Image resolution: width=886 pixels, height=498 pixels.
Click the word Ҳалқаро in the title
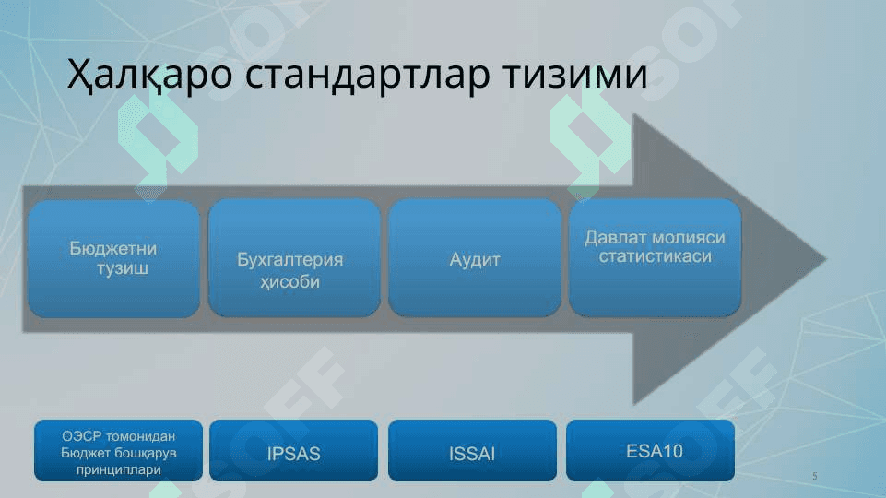tap(149, 75)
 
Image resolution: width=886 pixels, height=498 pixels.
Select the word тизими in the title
tap(575, 75)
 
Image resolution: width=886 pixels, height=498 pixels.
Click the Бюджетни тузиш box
tap(114, 258)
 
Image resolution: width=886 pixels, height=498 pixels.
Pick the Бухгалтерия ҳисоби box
tap(294, 258)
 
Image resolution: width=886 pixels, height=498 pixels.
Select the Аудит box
tap(475, 258)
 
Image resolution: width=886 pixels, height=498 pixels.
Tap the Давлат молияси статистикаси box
tap(655, 258)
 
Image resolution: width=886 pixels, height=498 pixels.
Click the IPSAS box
tap(294, 451)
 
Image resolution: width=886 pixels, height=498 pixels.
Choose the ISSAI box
tap(472, 451)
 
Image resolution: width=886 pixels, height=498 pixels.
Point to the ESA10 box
tap(650, 451)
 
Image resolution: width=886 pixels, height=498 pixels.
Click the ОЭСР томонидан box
tap(118, 451)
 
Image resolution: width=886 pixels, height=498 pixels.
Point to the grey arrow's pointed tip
tap(827, 259)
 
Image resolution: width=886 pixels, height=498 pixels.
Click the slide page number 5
tap(815, 476)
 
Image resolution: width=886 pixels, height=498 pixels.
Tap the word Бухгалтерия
tap(289, 259)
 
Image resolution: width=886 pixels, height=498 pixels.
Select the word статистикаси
tap(656, 256)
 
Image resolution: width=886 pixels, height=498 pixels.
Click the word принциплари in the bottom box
tap(119, 469)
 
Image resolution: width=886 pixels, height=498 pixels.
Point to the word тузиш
tap(123, 268)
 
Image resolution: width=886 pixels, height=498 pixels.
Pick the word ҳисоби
tap(289, 281)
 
